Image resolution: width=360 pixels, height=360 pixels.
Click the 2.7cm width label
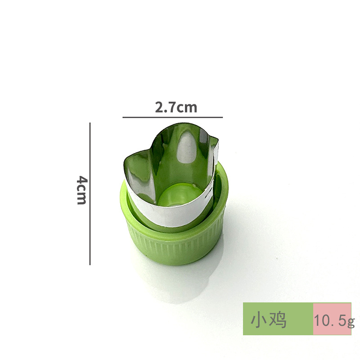(x=176, y=108)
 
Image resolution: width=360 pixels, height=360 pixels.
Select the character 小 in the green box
(x=260, y=320)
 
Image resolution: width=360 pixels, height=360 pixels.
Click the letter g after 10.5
(x=351, y=322)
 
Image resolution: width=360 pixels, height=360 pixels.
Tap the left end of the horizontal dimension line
(x=123, y=117)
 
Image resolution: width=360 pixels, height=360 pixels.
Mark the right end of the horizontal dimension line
(x=222, y=117)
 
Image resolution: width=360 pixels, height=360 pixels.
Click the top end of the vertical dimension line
(x=90, y=123)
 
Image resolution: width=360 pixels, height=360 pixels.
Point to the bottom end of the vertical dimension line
(x=90, y=264)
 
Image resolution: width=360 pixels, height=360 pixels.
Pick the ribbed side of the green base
(x=175, y=250)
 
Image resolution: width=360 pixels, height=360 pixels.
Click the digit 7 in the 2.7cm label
(x=171, y=108)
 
